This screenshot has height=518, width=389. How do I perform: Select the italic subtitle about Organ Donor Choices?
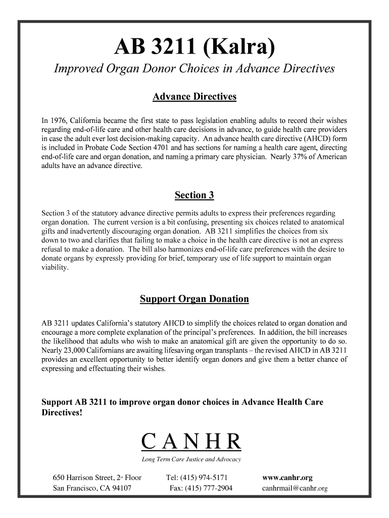pyautogui.click(x=194, y=69)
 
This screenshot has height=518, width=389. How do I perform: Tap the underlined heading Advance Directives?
pyautogui.click(x=194, y=97)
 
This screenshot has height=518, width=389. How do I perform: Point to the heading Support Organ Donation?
pyautogui.click(x=194, y=299)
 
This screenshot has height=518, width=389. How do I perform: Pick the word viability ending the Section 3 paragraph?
pyautogui.click(x=54, y=268)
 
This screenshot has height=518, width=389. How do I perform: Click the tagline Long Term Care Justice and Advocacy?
pyautogui.click(x=191, y=459)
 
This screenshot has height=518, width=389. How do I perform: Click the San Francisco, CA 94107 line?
pyautogui.click(x=92, y=488)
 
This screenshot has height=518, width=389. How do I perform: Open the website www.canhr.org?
pyautogui.click(x=287, y=478)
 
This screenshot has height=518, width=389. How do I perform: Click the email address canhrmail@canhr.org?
pyautogui.click(x=295, y=488)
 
